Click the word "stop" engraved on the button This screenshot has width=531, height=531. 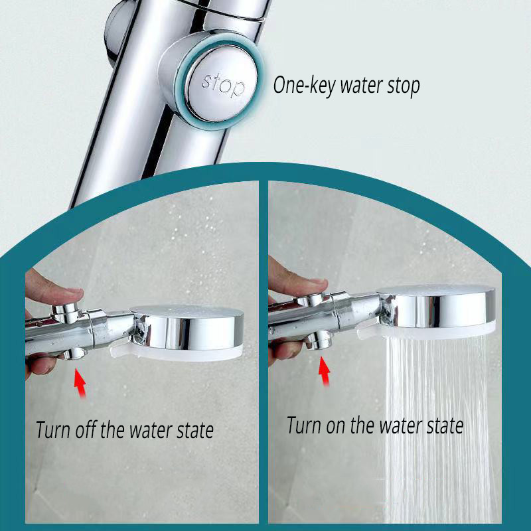(x=223, y=85)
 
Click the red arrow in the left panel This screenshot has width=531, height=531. (x=80, y=383)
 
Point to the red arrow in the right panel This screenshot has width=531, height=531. (x=325, y=372)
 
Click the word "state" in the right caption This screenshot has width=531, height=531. (x=445, y=426)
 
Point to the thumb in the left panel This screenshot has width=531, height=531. (x=54, y=287)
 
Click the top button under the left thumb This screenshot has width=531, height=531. (x=65, y=311)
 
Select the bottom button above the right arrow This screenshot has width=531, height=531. (x=319, y=341)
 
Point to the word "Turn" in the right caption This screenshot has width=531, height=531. (x=304, y=425)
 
